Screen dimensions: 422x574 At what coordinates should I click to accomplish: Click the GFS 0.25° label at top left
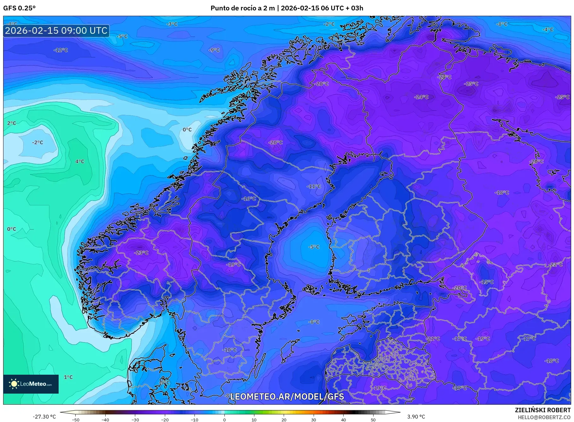pos(19,8)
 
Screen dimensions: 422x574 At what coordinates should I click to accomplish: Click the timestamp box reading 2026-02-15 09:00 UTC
pos(56,31)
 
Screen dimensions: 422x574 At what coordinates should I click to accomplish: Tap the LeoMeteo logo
pos(31,384)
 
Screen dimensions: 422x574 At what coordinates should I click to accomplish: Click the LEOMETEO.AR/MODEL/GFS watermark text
pos(287,396)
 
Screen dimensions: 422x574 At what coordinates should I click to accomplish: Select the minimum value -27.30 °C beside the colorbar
pos(44,417)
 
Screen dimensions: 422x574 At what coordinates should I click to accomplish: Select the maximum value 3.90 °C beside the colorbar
pos(416,417)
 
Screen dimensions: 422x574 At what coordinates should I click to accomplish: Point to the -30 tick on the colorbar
pos(135,419)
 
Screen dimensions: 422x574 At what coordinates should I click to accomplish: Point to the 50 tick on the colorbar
pos(373,419)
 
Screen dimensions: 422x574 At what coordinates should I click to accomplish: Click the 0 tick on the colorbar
pos(224,419)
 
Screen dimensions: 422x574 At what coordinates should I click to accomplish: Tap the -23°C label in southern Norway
pos(141,253)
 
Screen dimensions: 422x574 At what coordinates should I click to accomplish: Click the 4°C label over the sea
pos(80,161)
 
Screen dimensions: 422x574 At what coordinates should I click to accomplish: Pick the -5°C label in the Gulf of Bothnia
pos(314,247)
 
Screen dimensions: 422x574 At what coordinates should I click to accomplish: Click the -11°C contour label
pos(314,186)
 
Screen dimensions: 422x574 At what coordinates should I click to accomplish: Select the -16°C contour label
pos(249,199)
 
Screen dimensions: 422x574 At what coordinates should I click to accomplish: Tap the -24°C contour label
pos(421,97)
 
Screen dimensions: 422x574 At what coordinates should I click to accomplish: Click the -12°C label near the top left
pos(61,50)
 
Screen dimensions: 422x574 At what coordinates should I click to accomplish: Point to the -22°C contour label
pos(555,264)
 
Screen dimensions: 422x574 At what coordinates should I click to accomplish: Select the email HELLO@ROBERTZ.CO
pos(544,417)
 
